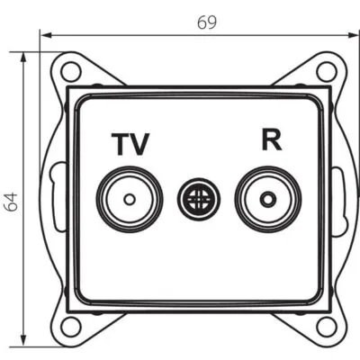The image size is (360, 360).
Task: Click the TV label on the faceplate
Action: [x=130, y=143]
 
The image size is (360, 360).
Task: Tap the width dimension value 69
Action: [x=207, y=22]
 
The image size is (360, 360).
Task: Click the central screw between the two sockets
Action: [x=195, y=197]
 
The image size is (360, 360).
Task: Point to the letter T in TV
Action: [x=121, y=143]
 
